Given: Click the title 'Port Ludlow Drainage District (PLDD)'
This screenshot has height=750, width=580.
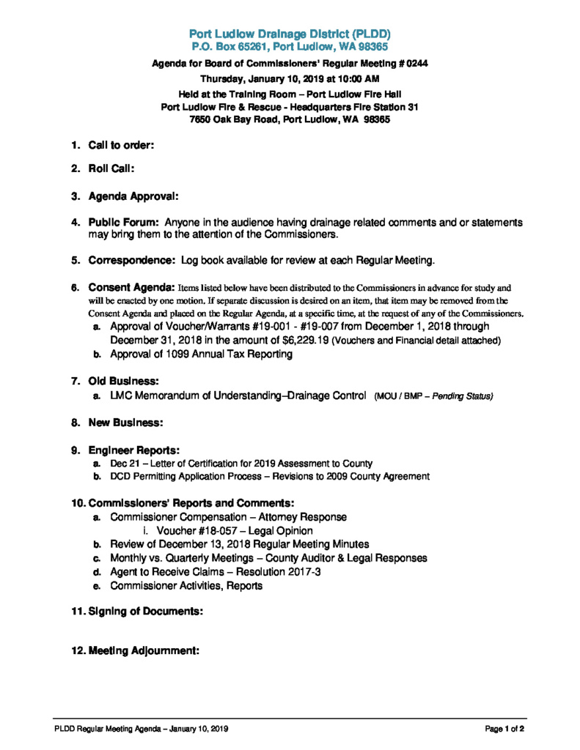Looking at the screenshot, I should coord(290,34).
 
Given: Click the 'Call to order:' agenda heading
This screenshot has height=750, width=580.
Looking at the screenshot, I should coord(121,145).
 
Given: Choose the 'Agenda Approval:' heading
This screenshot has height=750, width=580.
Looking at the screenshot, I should coord(133,196).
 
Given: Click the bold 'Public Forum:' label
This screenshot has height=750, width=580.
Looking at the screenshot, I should coord(124,221).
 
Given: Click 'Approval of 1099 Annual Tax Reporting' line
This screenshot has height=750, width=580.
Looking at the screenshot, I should coord(201,354).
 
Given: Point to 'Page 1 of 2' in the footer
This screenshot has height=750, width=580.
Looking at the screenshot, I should coord(504,729).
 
